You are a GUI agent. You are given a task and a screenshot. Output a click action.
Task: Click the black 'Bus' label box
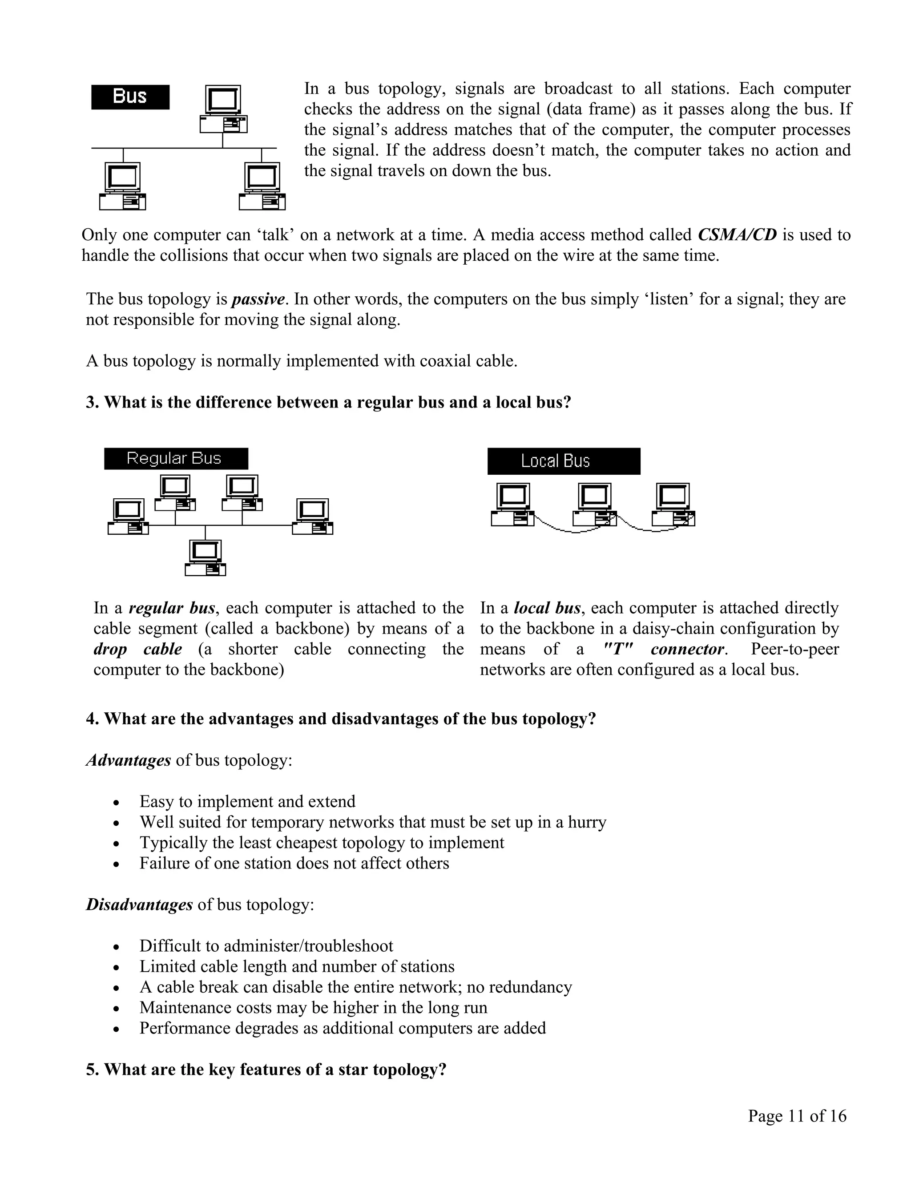point(130,97)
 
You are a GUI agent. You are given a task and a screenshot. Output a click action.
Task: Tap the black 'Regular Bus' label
point(176,458)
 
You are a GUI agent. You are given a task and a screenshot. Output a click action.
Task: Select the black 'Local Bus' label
point(564,461)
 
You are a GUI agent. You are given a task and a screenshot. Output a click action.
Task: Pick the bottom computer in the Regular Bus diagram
point(205,557)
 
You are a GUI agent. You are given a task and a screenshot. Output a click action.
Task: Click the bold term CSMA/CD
point(737,235)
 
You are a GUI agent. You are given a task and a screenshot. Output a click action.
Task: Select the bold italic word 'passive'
point(258,299)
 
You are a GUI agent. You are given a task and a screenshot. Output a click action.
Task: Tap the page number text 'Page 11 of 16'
point(797,1116)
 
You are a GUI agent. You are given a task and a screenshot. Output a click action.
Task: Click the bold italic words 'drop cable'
point(137,649)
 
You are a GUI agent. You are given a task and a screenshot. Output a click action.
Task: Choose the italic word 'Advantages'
point(129,760)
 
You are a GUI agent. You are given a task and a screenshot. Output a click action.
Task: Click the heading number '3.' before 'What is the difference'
point(92,402)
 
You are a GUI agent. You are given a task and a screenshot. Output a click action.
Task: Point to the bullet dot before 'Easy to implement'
point(116,803)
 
